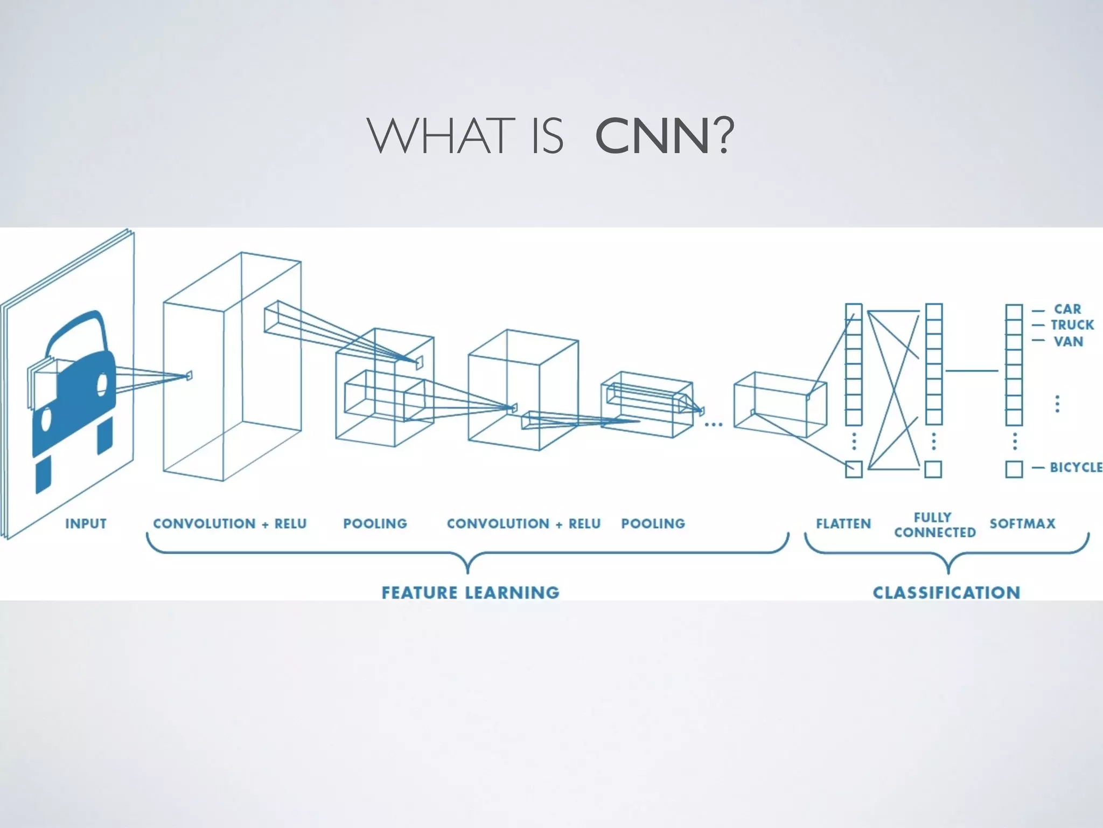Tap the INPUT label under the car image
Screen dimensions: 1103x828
click(86, 523)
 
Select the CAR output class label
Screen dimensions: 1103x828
click(1067, 309)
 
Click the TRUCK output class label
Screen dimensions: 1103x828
click(1072, 325)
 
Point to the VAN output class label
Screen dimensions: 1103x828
click(1069, 341)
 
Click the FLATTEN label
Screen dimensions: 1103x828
click(843, 523)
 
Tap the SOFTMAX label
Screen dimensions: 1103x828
click(1022, 523)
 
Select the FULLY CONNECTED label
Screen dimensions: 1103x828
click(934, 525)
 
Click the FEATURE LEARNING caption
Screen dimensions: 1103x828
click(470, 592)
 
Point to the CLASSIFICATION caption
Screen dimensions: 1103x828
click(946, 592)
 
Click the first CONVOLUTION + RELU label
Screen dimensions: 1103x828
click(229, 523)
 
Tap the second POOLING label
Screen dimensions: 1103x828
click(653, 523)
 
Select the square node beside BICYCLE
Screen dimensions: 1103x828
click(1014, 469)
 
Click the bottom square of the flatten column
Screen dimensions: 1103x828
click(854, 469)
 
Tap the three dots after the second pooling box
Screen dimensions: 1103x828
click(714, 425)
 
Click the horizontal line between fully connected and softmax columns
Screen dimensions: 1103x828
click(972, 370)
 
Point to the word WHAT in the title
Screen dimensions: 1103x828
click(439, 137)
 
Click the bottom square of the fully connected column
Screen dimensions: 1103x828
click(933, 469)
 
